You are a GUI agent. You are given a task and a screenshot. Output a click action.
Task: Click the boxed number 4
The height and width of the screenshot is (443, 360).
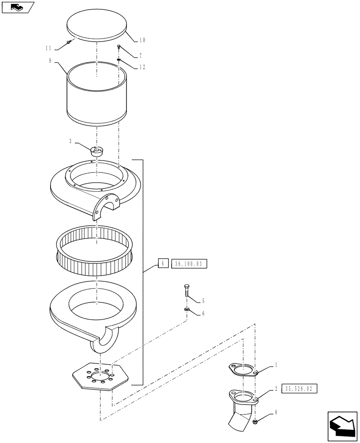(x=163, y=264)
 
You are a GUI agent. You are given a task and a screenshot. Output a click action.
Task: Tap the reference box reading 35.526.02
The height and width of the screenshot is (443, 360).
(x=299, y=388)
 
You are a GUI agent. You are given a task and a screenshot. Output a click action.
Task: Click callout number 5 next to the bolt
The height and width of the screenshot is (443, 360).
(x=203, y=301)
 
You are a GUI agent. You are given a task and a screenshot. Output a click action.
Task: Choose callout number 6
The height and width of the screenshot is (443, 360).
(x=203, y=313)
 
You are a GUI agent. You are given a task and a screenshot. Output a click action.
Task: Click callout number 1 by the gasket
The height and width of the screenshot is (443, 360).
(x=276, y=365)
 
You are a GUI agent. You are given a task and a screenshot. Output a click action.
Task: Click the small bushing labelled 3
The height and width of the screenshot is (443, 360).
(x=96, y=151)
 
